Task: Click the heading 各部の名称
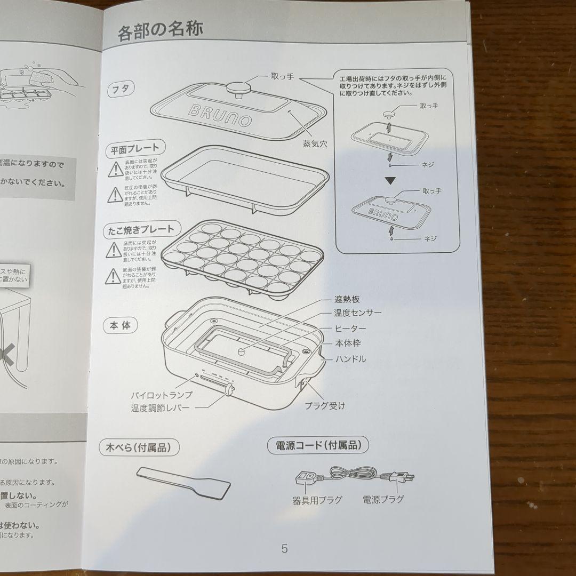(x=160, y=31)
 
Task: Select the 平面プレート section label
(x=135, y=149)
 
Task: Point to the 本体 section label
(x=121, y=325)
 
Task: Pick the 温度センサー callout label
(x=357, y=313)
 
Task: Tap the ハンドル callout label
(x=350, y=359)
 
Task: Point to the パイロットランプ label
(x=162, y=395)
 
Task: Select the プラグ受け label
(x=325, y=406)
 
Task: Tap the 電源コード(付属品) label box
(x=318, y=445)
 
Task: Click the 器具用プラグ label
(x=317, y=500)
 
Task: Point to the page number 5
(x=284, y=548)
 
